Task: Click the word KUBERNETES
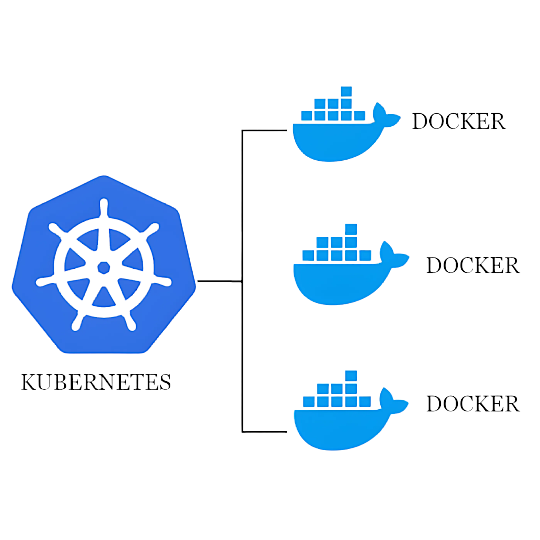tap(96, 382)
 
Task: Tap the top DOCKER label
tap(459, 121)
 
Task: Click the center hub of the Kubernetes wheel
tap(104, 268)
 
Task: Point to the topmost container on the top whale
tap(346, 92)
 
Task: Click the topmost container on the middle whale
tap(351, 229)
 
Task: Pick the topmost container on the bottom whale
tap(351, 376)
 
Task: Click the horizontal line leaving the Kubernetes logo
tap(220, 281)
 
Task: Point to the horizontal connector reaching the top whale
tap(264, 130)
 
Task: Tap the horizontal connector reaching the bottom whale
tap(264, 432)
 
